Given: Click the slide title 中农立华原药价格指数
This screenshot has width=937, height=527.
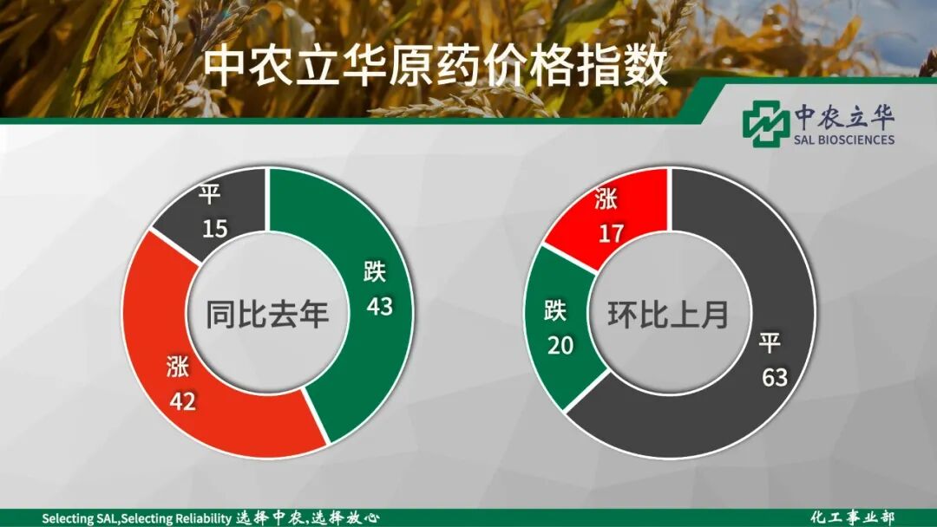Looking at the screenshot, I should (x=436, y=67).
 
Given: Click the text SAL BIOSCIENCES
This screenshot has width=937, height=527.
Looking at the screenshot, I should (x=843, y=140).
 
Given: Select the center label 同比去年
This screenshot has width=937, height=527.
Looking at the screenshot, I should (x=267, y=313).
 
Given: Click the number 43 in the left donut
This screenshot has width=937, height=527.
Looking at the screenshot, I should (x=379, y=306).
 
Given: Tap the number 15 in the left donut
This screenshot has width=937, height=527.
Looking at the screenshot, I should (x=215, y=229).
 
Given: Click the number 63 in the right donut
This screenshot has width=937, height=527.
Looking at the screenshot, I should (x=774, y=377).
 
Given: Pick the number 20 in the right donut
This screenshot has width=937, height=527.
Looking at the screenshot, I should (x=560, y=345).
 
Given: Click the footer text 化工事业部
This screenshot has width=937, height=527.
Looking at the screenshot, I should (x=852, y=517).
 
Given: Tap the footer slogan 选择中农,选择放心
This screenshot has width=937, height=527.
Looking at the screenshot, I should (x=308, y=517).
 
